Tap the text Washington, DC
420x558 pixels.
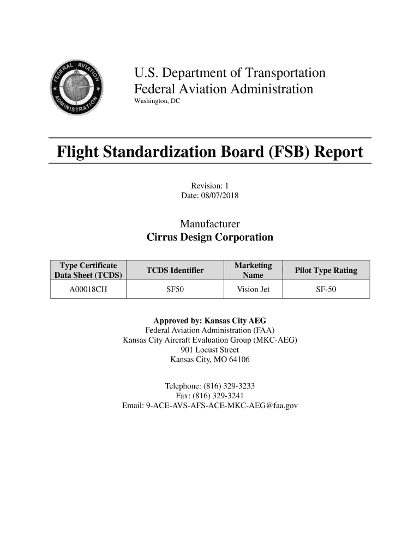pyautogui.click(x=157, y=102)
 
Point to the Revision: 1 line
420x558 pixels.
pyautogui.click(x=209, y=185)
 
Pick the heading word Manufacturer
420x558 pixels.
pyautogui.click(x=209, y=225)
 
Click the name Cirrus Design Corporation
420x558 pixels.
pyautogui.click(x=209, y=238)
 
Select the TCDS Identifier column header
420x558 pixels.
pyautogui.click(x=175, y=270)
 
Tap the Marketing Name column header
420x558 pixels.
pyautogui.click(x=253, y=270)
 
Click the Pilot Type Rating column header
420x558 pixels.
pyautogui.click(x=326, y=270)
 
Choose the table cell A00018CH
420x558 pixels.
pyautogui.click(x=88, y=289)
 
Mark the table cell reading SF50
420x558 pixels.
pyautogui.click(x=175, y=289)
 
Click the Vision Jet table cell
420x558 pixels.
pyautogui.click(x=253, y=289)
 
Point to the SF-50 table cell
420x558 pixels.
pyautogui.click(x=326, y=289)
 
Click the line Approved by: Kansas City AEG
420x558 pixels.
pyautogui.click(x=209, y=320)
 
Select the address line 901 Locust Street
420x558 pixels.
pyautogui.click(x=209, y=350)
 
